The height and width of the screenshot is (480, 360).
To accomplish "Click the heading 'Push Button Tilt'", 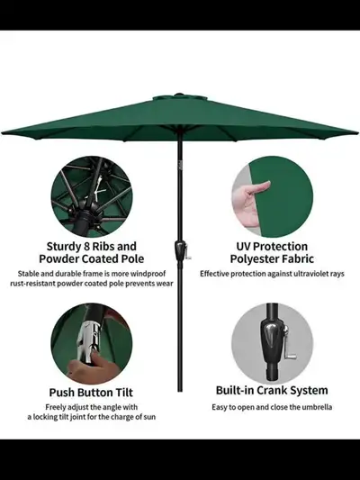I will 92,392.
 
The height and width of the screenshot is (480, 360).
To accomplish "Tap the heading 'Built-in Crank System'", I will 271,391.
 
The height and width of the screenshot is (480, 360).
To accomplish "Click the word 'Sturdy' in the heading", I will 68,246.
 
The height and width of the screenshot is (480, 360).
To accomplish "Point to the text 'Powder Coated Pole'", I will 92,259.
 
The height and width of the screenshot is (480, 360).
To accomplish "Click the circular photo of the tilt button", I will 92,342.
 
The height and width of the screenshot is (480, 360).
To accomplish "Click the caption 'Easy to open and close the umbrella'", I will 271,407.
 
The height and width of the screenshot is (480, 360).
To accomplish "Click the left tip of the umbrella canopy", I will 4,131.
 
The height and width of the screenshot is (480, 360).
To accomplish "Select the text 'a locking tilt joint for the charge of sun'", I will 92,417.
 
